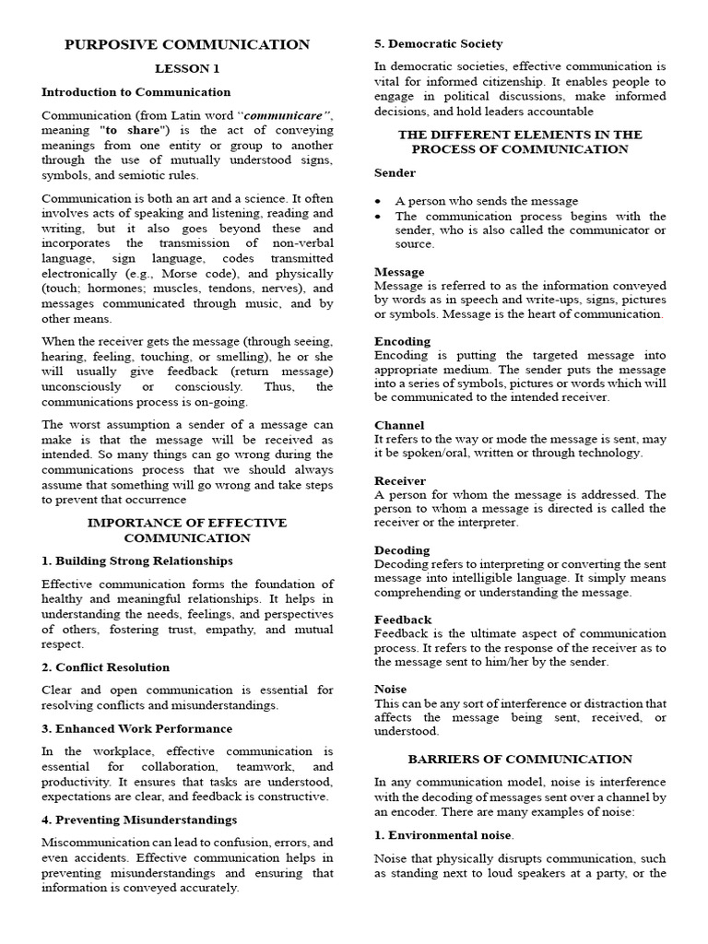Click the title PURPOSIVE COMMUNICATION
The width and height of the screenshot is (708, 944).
[187, 44]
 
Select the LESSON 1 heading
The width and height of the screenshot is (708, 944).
[187, 69]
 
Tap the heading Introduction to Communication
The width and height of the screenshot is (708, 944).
[136, 92]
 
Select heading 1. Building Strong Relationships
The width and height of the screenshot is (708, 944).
[136, 560]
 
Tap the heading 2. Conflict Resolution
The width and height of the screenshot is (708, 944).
[105, 667]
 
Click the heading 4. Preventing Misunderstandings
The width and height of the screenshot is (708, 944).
[139, 820]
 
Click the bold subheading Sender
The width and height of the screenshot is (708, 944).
[395, 172]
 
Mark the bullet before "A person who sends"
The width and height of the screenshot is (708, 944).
[379, 202]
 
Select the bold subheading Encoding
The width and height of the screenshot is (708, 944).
[402, 341]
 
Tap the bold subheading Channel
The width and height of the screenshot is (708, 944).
[399, 425]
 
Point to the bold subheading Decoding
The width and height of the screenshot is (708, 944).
[402, 550]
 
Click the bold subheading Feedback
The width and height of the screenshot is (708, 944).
[403, 619]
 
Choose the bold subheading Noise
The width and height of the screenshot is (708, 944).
[391, 689]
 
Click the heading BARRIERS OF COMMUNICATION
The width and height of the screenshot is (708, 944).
[520, 759]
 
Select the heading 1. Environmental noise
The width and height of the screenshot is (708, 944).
[442, 834]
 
